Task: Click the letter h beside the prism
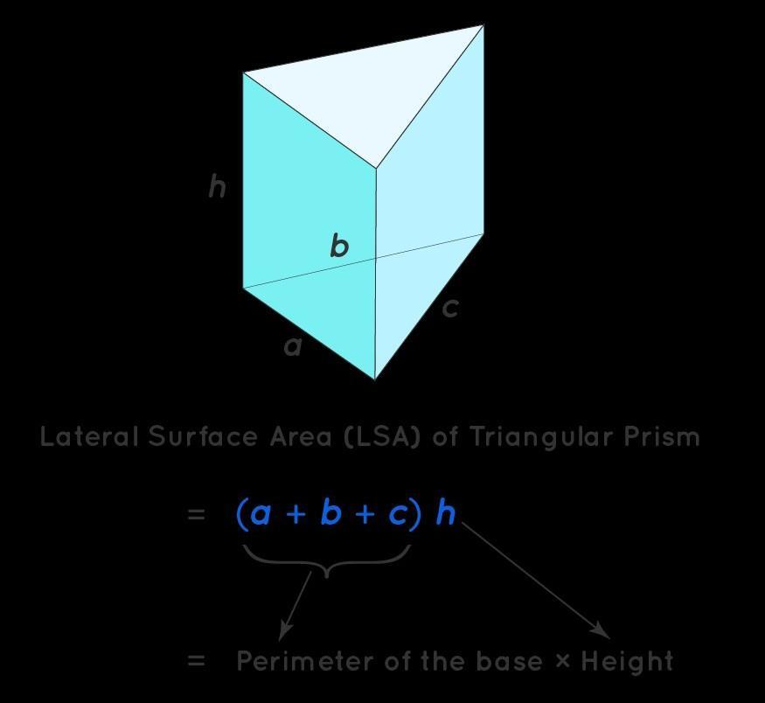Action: click(x=218, y=186)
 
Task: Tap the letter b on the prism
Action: click(x=339, y=246)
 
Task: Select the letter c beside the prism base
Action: click(x=449, y=308)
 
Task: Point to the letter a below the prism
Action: click(x=293, y=346)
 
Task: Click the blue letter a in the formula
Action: click(x=261, y=513)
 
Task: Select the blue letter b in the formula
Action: click(x=330, y=512)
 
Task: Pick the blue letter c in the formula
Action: click(x=398, y=513)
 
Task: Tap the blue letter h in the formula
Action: click(x=445, y=512)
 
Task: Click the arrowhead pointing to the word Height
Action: click(x=602, y=630)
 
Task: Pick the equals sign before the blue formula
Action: click(x=196, y=514)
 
